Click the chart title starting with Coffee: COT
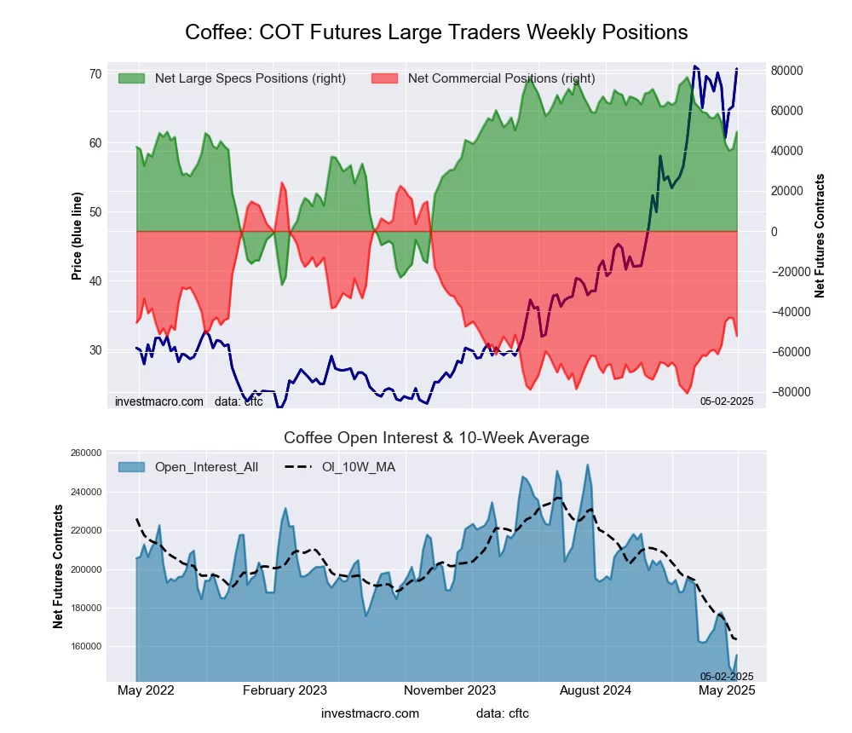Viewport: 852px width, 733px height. coord(436,32)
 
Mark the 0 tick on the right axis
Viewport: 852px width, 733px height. coord(776,232)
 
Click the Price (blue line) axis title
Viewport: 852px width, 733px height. coord(77,236)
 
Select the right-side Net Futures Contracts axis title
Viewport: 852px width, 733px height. coord(820,236)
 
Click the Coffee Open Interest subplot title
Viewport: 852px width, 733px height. coord(436,438)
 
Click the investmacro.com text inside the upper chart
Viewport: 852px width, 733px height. coord(159,401)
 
